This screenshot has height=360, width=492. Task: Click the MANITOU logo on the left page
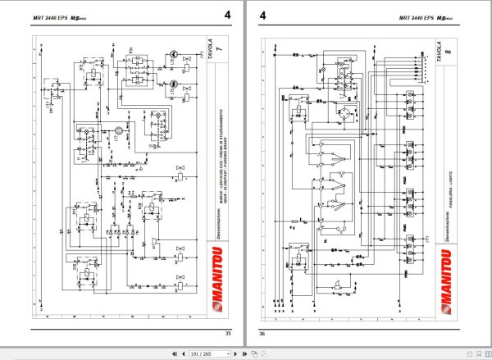[x=220, y=288]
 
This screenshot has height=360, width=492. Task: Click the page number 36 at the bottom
[x=263, y=333]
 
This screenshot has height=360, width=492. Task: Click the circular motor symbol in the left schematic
[x=117, y=130]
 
